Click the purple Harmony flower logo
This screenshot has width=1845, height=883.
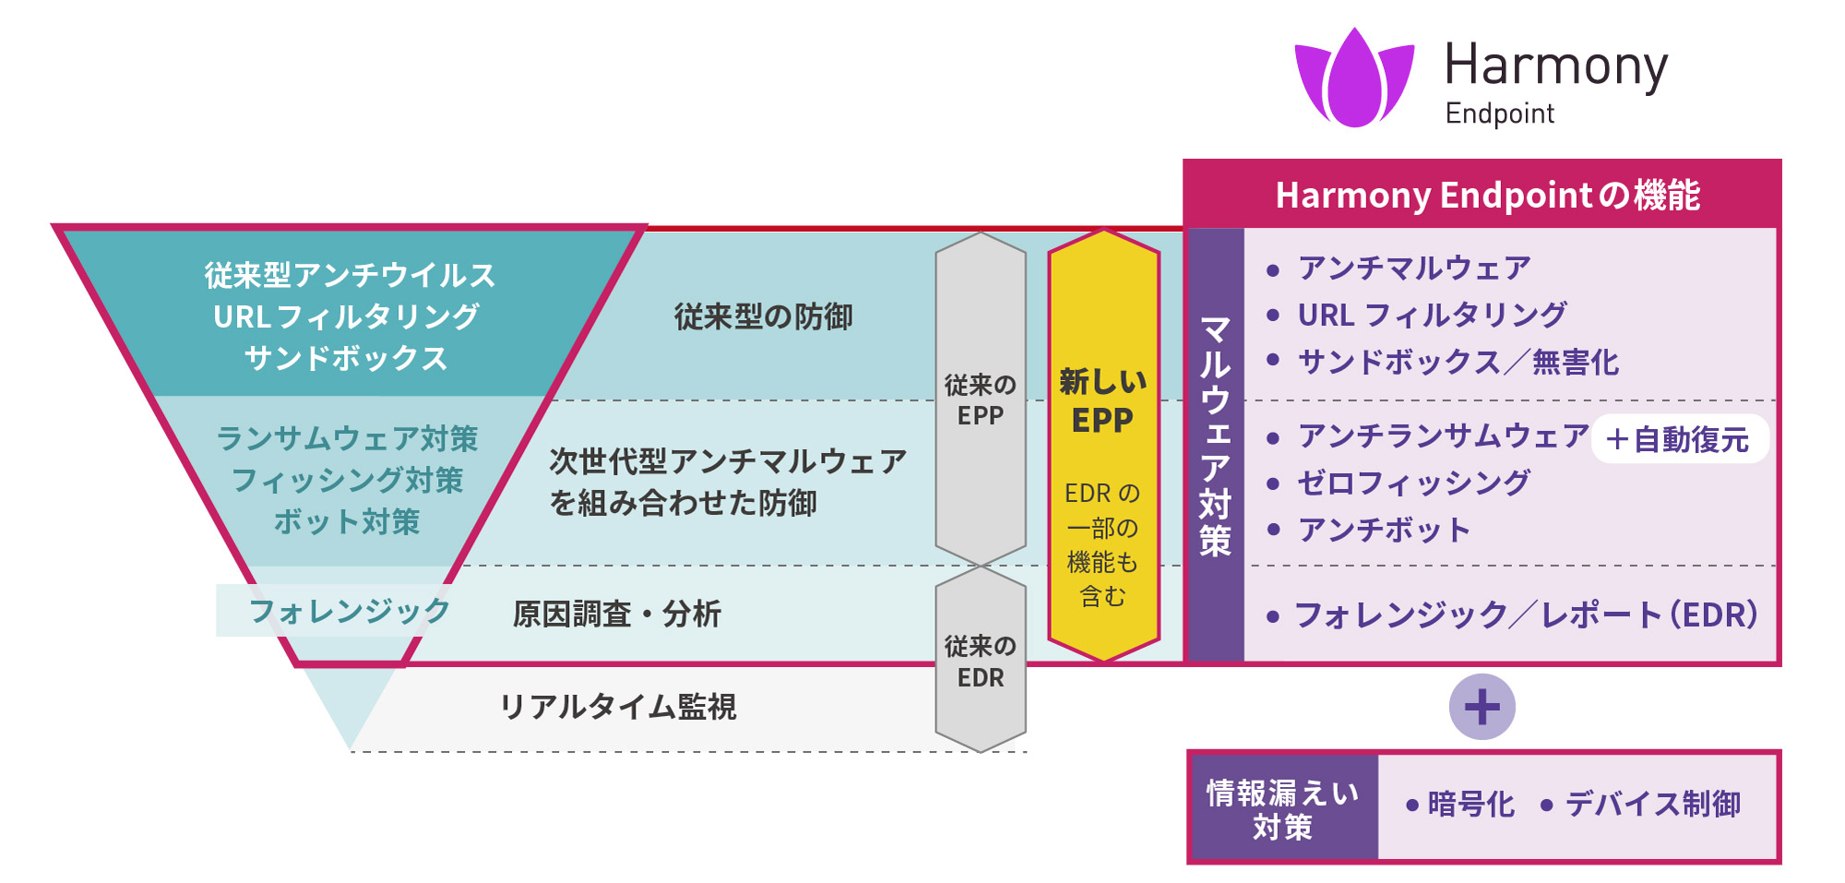coord(1354,78)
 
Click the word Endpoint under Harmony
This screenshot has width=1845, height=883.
coord(1499,113)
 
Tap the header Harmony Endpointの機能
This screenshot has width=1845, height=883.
coord(1486,196)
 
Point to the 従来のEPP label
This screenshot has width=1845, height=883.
coord(980,400)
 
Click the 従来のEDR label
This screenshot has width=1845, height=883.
coord(980,662)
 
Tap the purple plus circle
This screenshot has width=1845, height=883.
coord(1482,707)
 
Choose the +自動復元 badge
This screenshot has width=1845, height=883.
coord(1678,439)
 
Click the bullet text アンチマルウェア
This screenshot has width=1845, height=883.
coord(1413,268)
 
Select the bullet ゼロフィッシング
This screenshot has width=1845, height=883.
coord(1412,483)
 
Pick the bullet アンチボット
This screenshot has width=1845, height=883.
coord(1383,531)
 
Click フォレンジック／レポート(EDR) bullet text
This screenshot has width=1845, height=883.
coord(1526,615)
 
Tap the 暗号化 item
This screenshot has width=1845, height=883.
coord(1470,805)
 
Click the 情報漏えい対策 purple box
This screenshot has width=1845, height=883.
coord(1282,809)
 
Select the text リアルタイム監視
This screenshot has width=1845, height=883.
coord(617,707)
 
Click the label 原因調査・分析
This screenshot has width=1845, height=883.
coord(616,614)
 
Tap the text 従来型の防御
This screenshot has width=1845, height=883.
coord(763,317)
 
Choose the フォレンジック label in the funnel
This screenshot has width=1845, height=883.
coord(349,611)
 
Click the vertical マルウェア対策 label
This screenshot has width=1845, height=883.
coord(1215,436)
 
